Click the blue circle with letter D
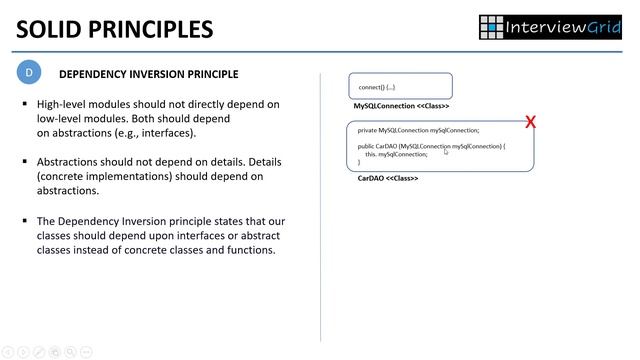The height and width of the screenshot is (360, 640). pyautogui.click(x=30, y=73)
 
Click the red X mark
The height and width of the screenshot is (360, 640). pyautogui.click(x=530, y=122)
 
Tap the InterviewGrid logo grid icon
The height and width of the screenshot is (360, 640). pyautogui.click(x=491, y=26)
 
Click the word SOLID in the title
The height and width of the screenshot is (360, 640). pyautogui.click(x=52, y=28)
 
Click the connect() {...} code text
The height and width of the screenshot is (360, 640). pyautogui.click(x=379, y=87)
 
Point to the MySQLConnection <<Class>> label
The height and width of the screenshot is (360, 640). pyautogui.click(x=401, y=106)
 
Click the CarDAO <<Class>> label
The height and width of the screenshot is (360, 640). pyautogui.click(x=387, y=178)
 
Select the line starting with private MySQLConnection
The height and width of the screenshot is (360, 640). pyautogui.click(x=418, y=130)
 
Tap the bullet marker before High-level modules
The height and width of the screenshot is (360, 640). pyautogui.click(x=25, y=105)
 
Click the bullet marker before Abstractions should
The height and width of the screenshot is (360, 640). pyautogui.click(x=25, y=162)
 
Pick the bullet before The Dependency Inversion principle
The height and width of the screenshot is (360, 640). pyautogui.click(x=25, y=220)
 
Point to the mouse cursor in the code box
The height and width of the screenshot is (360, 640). pyautogui.click(x=447, y=152)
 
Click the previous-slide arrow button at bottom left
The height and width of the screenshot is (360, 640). pyautogui.click(x=8, y=352)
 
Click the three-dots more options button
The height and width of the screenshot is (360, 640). pyautogui.click(x=86, y=352)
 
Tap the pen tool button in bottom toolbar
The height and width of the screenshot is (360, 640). pyautogui.click(x=39, y=352)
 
